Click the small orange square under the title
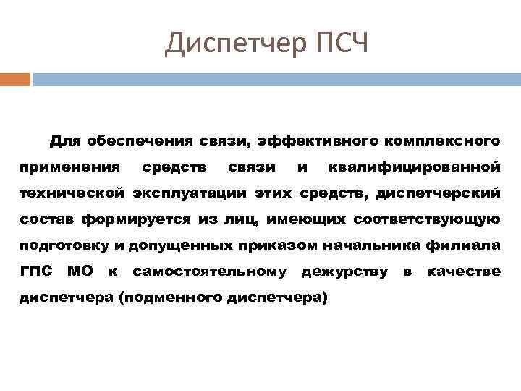tap(15, 79)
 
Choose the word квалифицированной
tap(414, 167)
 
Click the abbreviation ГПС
tap(34, 272)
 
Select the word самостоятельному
tap(210, 272)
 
